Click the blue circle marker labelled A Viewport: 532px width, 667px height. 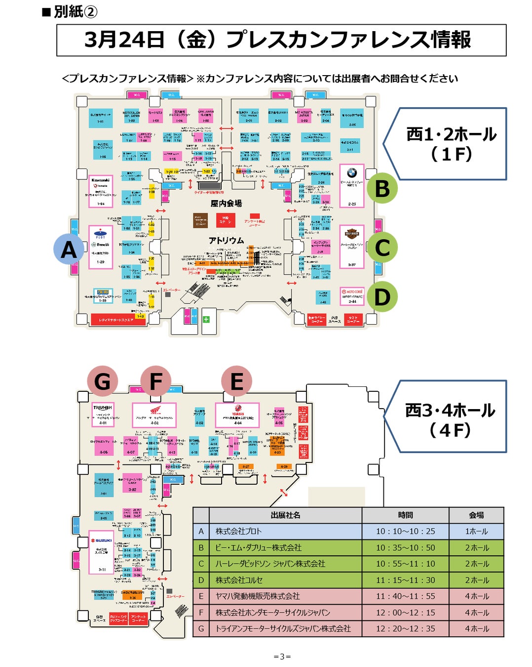[x=69, y=249]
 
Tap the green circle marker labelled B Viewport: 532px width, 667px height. [x=382, y=188]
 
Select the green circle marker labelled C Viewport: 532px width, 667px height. [x=382, y=248]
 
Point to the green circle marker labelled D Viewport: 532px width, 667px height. [x=382, y=297]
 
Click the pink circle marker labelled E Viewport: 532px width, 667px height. [x=237, y=381]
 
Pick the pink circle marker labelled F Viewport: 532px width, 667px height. [x=156, y=381]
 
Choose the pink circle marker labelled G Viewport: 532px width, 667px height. [x=102, y=381]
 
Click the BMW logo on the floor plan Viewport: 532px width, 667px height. [x=352, y=173]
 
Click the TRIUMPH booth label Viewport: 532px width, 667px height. [x=103, y=408]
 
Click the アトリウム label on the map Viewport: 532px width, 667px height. [x=226, y=241]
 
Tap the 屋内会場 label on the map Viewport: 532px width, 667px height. [x=226, y=204]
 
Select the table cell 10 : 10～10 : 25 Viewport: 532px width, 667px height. [x=405, y=531]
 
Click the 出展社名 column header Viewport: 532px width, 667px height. [x=285, y=515]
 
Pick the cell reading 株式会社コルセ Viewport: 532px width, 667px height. [x=239, y=580]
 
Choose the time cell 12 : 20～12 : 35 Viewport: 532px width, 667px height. [x=405, y=628]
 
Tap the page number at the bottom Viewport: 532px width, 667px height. [x=282, y=657]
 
